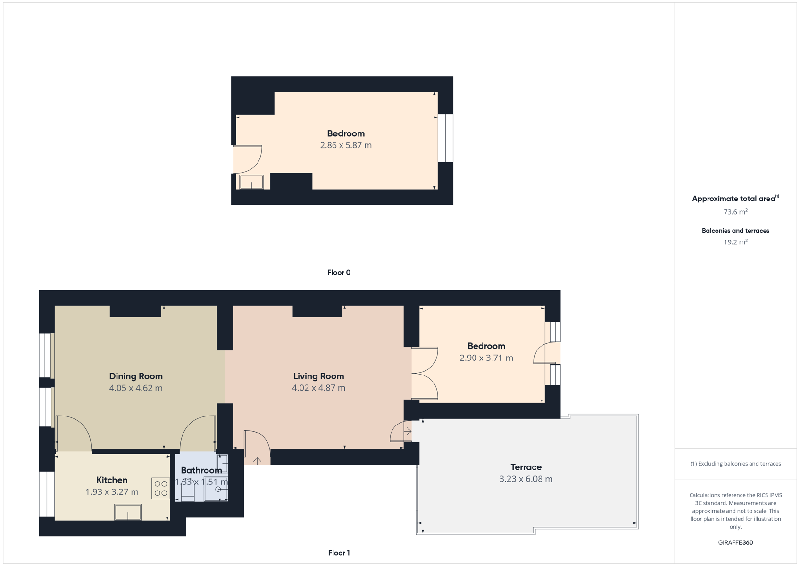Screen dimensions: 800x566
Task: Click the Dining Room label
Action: click(136, 376)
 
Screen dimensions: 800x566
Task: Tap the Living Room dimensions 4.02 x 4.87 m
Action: click(318, 388)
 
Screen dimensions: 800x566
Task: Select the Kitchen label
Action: click(112, 480)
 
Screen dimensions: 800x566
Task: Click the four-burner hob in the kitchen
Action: click(161, 488)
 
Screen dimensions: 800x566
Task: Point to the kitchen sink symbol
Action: click(128, 512)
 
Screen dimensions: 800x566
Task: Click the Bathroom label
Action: click(201, 470)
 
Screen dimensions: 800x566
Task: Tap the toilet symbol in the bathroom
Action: click(188, 490)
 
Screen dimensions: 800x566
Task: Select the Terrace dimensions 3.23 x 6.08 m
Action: click(526, 479)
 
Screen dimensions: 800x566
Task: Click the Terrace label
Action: click(526, 467)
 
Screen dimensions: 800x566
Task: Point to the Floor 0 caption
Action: click(339, 273)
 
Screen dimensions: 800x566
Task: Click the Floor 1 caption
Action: click(339, 553)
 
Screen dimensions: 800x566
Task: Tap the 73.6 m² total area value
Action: click(736, 212)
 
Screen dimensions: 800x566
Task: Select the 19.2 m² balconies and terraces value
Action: click(736, 242)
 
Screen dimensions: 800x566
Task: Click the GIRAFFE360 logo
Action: click(735, 542)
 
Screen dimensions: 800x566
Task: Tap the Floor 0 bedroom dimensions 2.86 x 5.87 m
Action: click(346, 145)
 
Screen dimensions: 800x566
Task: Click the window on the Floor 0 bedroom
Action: click(445, 138)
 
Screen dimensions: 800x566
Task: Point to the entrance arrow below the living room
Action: click(257, 461)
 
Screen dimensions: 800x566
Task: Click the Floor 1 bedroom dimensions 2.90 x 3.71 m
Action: click(486, 358)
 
